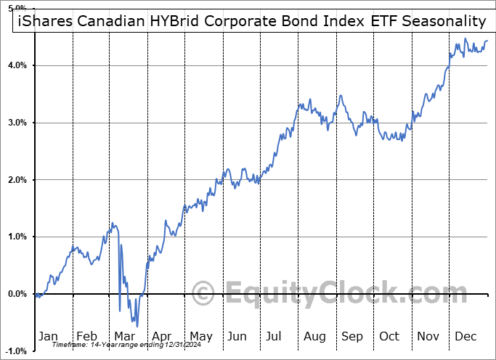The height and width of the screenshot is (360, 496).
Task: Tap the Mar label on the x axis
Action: pos(124,336)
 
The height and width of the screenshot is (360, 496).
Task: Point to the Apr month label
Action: pos(162,336)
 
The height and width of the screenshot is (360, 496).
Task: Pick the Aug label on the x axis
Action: pos(314,336)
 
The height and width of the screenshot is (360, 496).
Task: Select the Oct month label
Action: pos(390,336)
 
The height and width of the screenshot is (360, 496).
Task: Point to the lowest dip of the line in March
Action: pos(137,326)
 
